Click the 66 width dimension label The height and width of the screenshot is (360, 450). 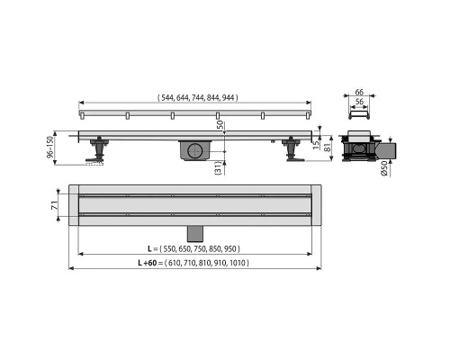[359, 92]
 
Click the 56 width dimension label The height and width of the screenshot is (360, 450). [359, 102]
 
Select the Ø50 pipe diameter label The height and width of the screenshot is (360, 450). [384, 168]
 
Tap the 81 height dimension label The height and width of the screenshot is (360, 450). [328, 147]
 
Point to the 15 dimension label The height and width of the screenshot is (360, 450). [316, 146]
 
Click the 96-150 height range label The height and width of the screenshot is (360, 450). [49, 147]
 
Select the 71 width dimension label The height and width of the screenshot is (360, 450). [54, 205]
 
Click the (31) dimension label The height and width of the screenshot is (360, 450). [219, 167]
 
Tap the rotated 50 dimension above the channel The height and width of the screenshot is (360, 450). [220, 125]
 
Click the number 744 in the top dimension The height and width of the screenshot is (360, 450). [198, 98]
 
